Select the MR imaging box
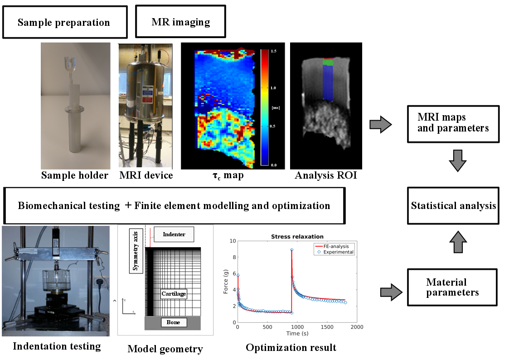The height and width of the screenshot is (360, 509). tap(180, 21)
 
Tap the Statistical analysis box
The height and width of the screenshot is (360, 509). tap(453, 206)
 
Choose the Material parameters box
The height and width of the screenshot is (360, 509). tap(452, 287)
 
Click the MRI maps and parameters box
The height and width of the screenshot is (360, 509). tap(453, 123)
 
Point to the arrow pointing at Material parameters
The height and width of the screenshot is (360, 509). tap(390, 291)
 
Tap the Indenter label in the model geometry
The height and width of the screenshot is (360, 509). tap(174, 234)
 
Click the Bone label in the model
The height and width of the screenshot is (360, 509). tap(173, 323)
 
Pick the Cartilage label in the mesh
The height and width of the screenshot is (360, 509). tap(174, 294)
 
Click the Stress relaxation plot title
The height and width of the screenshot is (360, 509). tap(297, 236)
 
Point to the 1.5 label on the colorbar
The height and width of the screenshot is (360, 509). tap(274, 51)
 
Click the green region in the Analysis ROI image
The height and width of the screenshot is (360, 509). tap(328, 63)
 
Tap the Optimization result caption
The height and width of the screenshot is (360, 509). tap(291, 348)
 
